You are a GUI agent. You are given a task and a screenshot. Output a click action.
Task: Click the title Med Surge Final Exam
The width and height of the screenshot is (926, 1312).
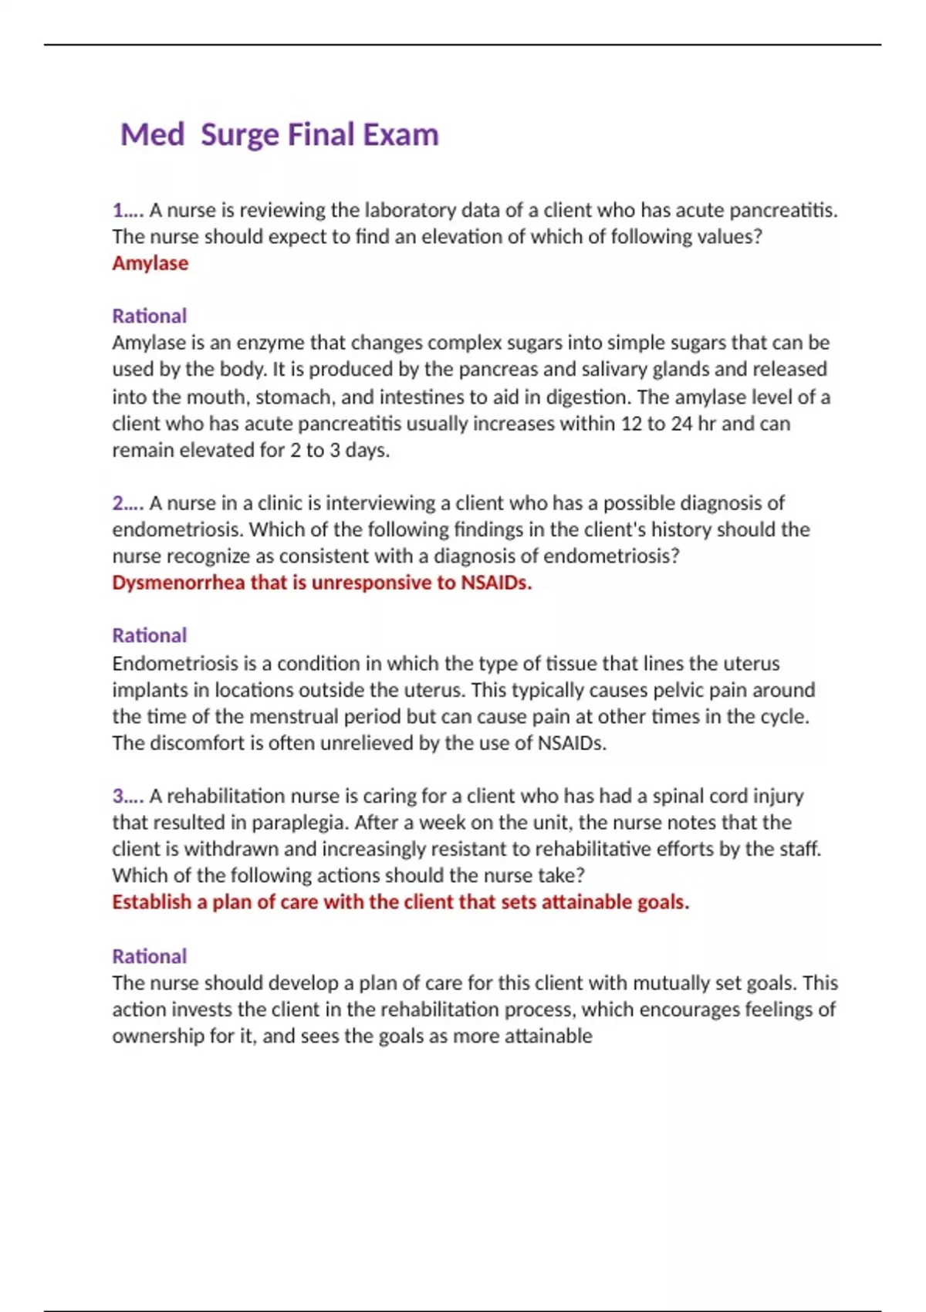pos(279,135)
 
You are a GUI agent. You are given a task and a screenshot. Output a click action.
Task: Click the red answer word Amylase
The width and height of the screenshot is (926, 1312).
pos(150,263)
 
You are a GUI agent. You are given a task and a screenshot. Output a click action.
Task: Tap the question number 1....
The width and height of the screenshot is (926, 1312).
pos(119,210)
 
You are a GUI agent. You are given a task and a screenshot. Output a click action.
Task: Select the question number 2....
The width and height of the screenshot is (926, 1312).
pos(119,503)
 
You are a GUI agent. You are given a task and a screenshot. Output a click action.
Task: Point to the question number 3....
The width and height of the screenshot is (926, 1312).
pos(119,796)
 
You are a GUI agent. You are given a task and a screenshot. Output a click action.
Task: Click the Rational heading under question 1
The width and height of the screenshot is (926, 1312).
pos(149,316)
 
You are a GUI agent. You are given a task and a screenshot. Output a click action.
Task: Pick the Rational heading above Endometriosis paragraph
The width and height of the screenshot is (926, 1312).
pos(149,635)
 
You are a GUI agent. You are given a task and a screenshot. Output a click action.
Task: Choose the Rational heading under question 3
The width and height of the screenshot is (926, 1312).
pos(149,956)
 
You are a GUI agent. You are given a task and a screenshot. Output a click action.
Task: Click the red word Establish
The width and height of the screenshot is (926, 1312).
pos(151,902)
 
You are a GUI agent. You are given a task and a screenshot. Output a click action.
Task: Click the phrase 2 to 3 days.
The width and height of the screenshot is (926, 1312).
pos(340,450)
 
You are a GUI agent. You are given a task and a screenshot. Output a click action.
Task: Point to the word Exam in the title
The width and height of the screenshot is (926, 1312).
pos(400,135)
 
